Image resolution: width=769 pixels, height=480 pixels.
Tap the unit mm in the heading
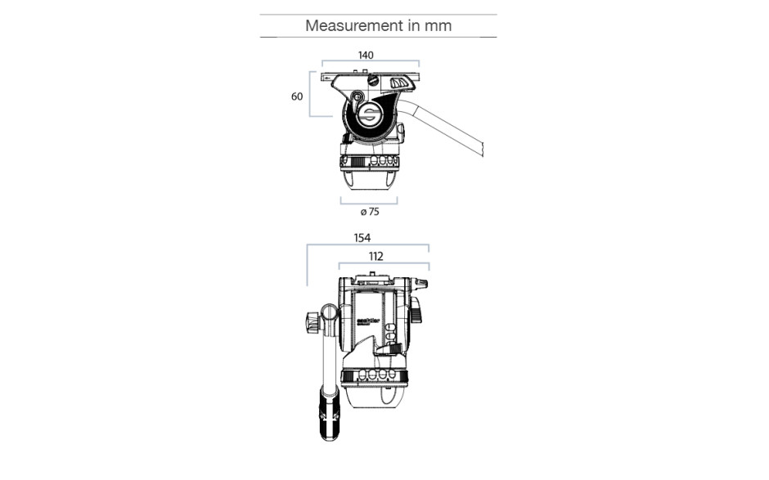pyautogui.click(x=437, y=25)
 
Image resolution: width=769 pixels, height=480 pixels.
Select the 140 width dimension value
pyautogui.click(x=366, y=55)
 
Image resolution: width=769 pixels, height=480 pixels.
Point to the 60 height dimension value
pyautogui.click(x=297, y=96)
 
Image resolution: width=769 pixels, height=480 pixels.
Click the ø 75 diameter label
pyautogui.click(x=369, y=211)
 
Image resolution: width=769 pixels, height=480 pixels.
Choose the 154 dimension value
pyautogui.click(x=362, y=238)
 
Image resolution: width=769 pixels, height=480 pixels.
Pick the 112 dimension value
pyautogui.click(x=376, y=256)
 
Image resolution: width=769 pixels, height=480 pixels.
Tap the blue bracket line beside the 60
pyautogui.click(x=311, y=96)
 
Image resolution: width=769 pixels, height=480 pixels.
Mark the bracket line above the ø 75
pyautogui.click(x=369, y=200)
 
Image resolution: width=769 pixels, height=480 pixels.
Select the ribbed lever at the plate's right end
pyautogui.click(x=399, y=83)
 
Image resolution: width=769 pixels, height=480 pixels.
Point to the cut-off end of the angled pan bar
pyautogui.click(x=483, y=150)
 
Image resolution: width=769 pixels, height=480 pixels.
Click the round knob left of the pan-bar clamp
pyautogui.click(x=313, y=322)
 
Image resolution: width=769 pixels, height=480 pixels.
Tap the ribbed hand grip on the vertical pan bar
pyautogui.click(x=331, y=412)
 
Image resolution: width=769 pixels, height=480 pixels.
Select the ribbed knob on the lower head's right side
pyautogui.click(x=416, y=310)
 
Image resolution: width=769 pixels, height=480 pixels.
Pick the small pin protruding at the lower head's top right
pyautogui.click(x=422, y=284)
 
